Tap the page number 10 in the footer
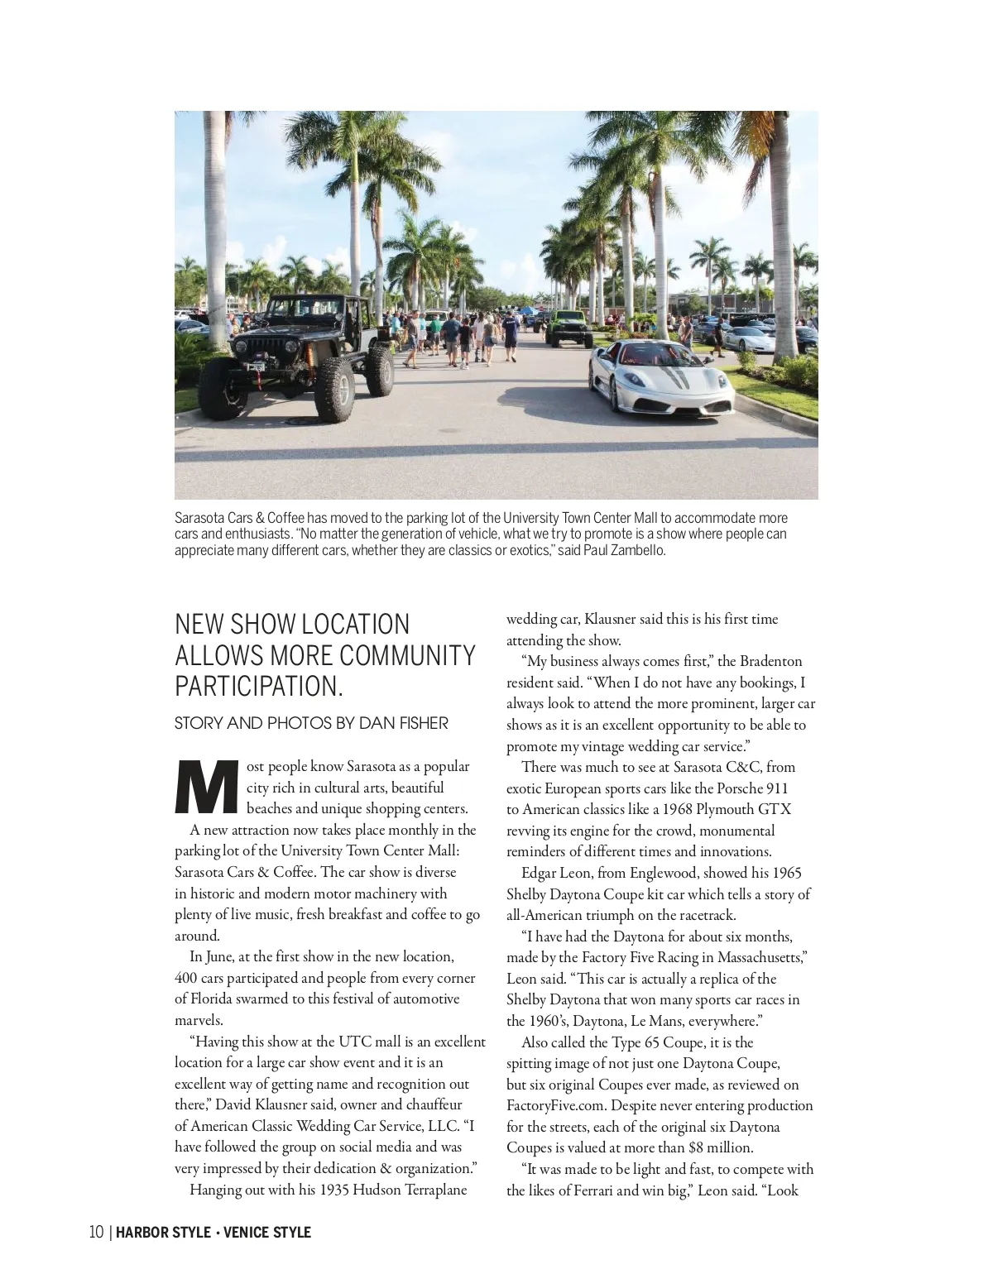point(97,1232)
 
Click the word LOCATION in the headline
point(355,624)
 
